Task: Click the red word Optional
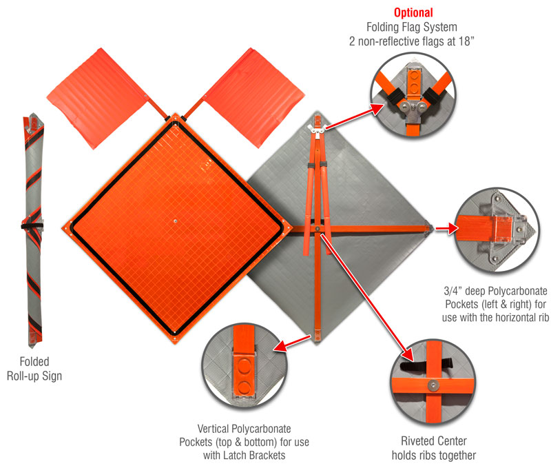pyautogui.click(x=413, y=12)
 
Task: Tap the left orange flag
pyautogui.click(x=97, y=98)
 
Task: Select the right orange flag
pyautogui.click(x=254, y=97)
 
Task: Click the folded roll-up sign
pyautogui.click(x=33, y=230)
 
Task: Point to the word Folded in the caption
pyautogui.click(x=34, y=361)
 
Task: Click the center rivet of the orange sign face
pyautogui.click(x=175, y=221)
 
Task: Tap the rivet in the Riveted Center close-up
pyautogui.click(x=433, y=385)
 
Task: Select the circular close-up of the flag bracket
pyautogui.click(x=413, y=94)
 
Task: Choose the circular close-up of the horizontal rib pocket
pyautogui.click(x=497, y=230)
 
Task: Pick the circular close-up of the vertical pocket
pyautogui.click(x=245, y=366)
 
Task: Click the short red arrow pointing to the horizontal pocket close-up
pyautogui.click(x=446, y=229)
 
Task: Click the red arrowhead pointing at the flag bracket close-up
pyautogui.click(x=377, y=109)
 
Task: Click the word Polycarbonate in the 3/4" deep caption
pyautogui.click(x=518, y=291)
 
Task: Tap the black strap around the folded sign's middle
pyautogui.click(x=32, y=226)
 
